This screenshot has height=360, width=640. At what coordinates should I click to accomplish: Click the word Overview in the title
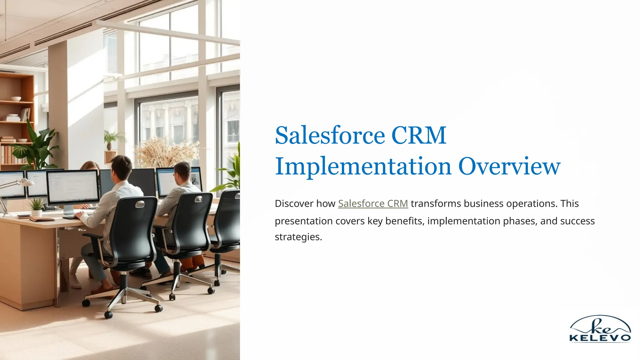509,166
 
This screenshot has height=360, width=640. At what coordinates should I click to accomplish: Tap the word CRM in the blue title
418,135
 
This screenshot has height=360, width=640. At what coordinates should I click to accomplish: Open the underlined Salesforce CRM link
373,203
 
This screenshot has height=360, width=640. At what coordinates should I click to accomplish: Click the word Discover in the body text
294,203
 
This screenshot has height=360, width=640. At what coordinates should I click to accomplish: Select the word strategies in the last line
298,237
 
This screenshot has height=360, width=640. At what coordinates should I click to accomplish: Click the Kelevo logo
600,329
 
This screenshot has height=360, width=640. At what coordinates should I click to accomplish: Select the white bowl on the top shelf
16,99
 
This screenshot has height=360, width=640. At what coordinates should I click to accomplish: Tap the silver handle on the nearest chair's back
140,204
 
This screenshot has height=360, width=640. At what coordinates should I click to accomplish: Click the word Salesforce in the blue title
330,135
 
